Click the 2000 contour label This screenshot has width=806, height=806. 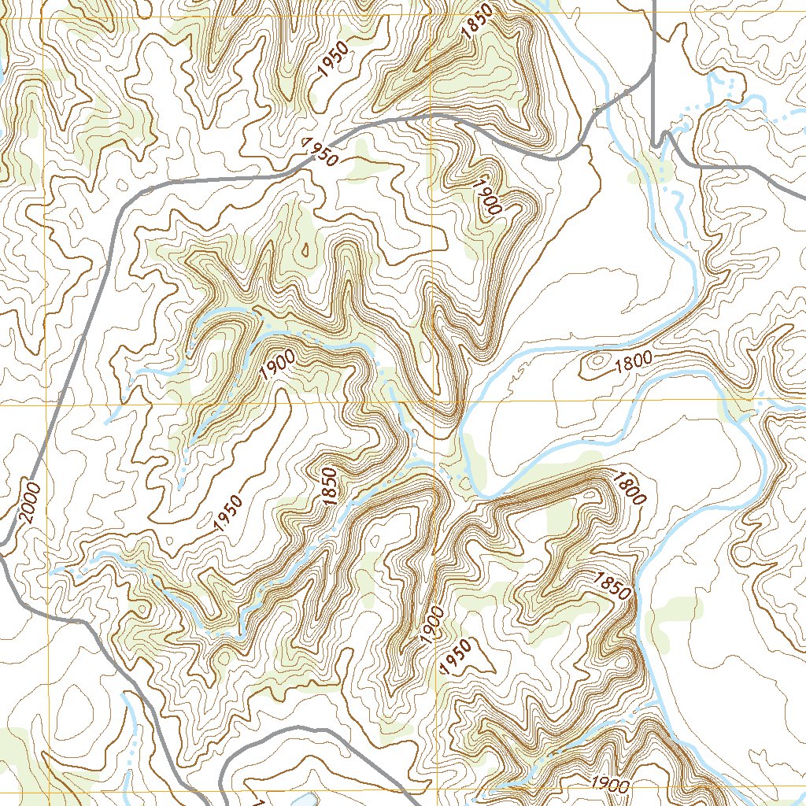27,502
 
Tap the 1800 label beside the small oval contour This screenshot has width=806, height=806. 634,360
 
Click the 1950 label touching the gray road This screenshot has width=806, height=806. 320,152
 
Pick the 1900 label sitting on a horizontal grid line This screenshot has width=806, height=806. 610,784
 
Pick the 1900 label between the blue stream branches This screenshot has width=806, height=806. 276,365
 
